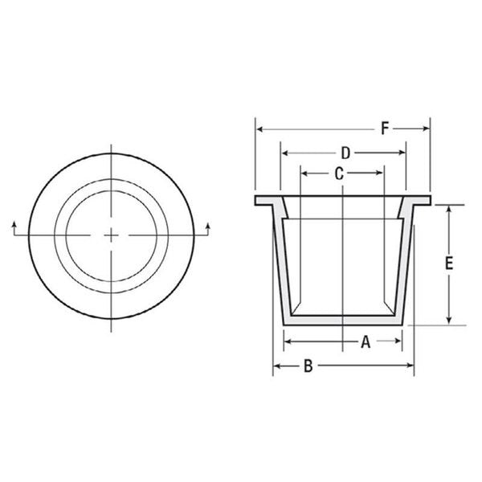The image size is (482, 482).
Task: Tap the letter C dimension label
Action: pos(339,172)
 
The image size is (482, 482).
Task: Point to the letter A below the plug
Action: pos(365,342)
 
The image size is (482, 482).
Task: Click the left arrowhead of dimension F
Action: pos(259,128)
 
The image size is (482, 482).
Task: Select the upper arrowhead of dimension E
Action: pos(449,208)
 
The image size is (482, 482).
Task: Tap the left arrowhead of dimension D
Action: pos(284,153)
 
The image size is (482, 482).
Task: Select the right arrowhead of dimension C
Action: pos(381,172)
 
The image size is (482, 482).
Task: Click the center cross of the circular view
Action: pos(111,234)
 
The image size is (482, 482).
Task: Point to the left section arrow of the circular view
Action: pos(14,226)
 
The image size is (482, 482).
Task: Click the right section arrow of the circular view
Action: pos(209,226)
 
